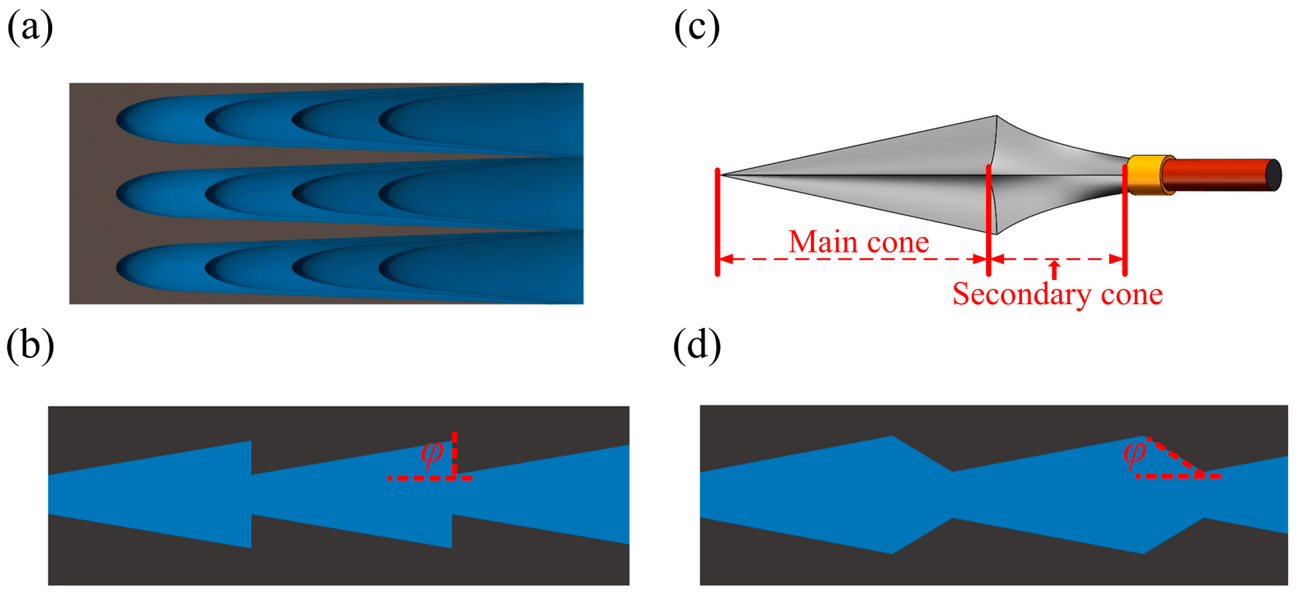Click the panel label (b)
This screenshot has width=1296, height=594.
pyautogui.click(x=30, y=346)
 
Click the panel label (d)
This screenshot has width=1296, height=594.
pyautogui.click(x=697, y=346)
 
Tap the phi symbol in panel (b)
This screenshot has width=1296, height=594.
pyautogui.click(x=432, y=453)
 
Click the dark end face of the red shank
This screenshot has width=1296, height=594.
pyautogui.click(x=1273, y=175)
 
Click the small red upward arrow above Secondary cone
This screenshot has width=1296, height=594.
pyautogui.click(x=1055, y=269)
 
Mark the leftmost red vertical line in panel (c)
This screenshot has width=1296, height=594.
pyautogui.click(x=717, y=222)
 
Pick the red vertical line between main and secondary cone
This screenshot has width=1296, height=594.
pyautogui.click(x=988, y=222)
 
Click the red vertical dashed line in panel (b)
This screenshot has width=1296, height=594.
pyautogui.click(x=454, y=453)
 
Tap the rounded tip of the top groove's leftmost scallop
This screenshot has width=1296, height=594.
pyautogui.click(x=119, y=120)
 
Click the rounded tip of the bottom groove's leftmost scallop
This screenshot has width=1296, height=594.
pyautogui.click(x=119, y=267)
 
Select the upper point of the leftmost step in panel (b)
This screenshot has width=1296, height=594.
pyautogui.click(x=251, y=442)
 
